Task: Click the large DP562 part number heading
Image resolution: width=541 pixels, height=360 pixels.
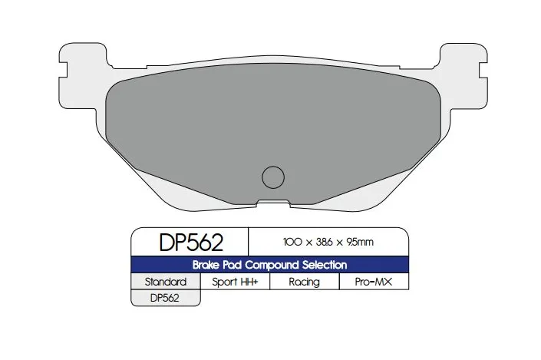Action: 190,243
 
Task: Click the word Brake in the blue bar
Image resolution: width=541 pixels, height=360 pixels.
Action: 210,265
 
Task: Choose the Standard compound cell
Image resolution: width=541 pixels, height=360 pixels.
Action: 166,282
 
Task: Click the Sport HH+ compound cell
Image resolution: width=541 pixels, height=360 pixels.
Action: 235,282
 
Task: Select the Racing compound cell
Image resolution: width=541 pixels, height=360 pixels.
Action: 304,282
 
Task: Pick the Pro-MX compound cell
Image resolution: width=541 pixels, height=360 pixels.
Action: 374,282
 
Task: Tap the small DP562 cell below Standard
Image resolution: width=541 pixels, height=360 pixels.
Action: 165,298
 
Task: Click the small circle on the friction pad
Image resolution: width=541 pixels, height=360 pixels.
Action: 273,177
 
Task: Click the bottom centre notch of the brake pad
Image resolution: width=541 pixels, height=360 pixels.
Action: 273,203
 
